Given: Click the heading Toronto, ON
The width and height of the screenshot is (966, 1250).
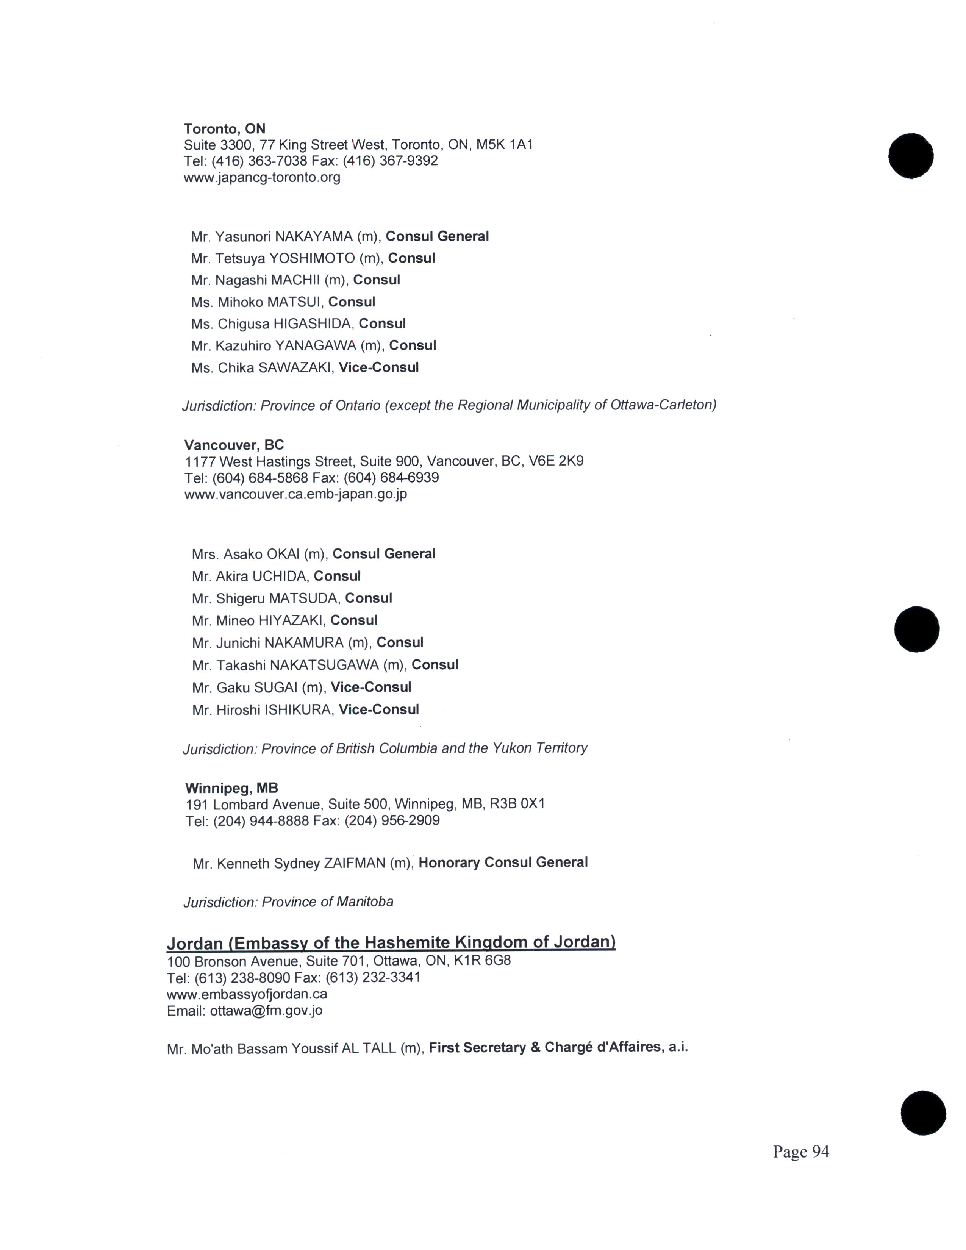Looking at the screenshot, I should click(x=224, y=129).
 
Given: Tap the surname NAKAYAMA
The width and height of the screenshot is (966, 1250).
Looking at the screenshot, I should click(x=314, y=236).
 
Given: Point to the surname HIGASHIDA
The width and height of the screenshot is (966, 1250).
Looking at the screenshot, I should click(x=312, y=324).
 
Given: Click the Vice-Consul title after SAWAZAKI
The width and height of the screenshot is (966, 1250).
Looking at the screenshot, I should click(x=378, y=367).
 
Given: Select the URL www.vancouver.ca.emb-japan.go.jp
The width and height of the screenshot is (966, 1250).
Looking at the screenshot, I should click(x=295, y=494).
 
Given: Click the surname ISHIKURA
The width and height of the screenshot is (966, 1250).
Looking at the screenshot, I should click(x=299, y=710).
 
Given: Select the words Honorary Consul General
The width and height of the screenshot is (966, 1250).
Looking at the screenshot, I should click(x=503, y=862).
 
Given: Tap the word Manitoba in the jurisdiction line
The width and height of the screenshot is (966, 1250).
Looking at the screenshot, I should click(x=364, y=902).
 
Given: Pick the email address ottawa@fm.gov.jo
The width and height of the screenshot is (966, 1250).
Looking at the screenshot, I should click(x=266, y=1011).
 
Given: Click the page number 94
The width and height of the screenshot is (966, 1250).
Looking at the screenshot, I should click(x=819, y=1152).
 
